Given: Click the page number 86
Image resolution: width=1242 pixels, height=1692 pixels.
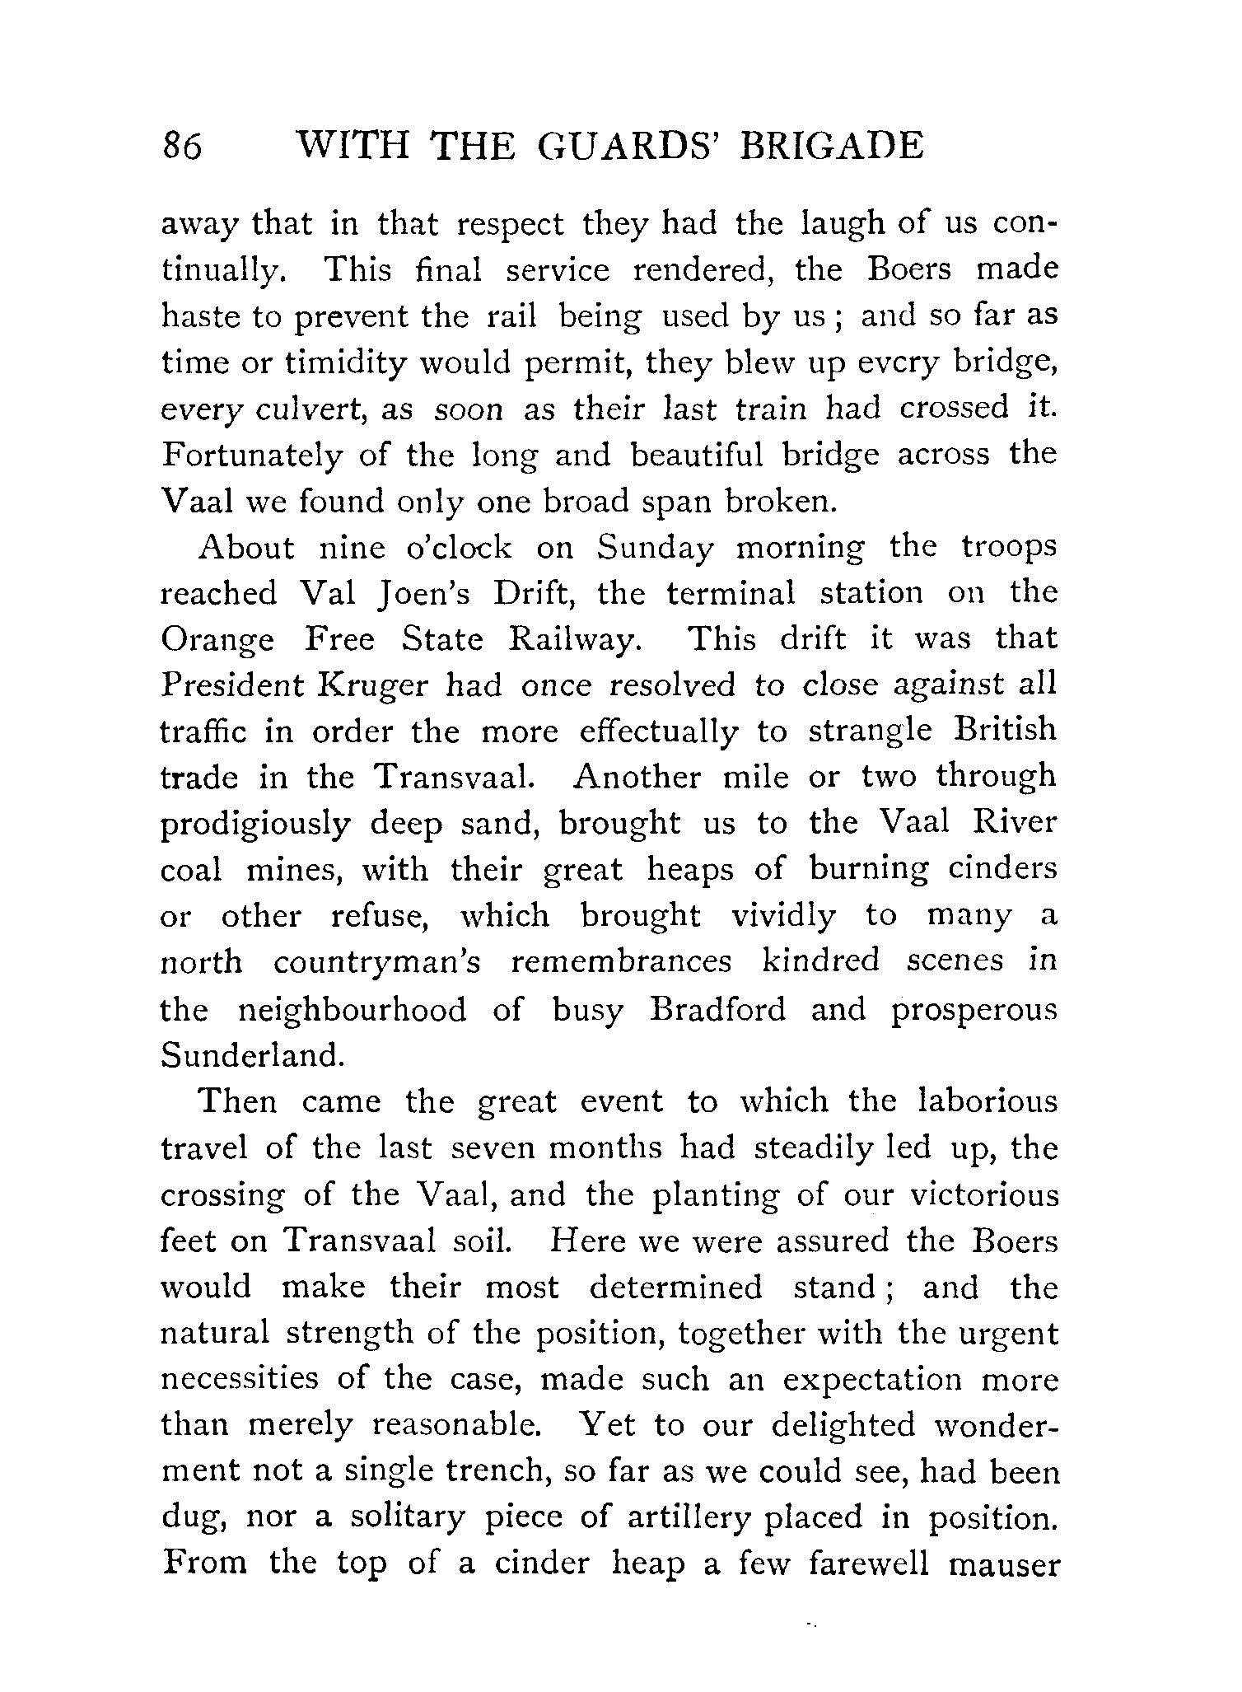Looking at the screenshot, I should (182, 147).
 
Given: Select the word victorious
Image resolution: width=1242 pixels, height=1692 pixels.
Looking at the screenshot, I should (978, 1195).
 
